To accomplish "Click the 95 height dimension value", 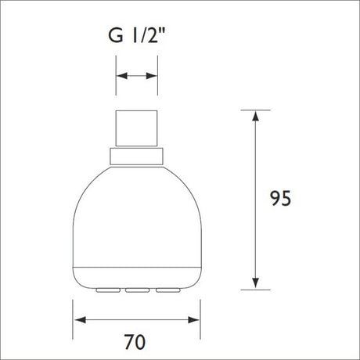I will click(279, 198).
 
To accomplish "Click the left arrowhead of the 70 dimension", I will click(78, 319).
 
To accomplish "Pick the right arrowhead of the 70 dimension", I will click(196, 319).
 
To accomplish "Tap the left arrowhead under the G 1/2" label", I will click(120, 76).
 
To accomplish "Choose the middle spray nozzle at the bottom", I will click(138, 291).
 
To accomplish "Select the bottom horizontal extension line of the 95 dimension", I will click(255, 289).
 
